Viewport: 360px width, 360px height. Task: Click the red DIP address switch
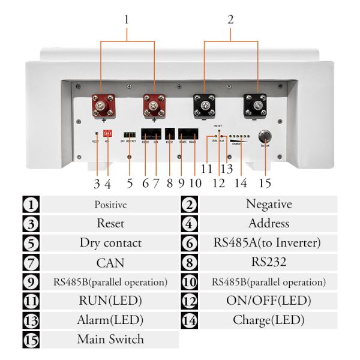tap(108, 133)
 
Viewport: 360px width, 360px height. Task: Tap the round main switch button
tap(263, 136)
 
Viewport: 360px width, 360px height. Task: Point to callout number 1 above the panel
tap(127, 19)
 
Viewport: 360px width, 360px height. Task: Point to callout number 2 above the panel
tap(230, 19)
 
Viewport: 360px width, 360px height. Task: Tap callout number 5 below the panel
tap(130, 182)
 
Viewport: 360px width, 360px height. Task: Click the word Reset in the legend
tap(110, 224)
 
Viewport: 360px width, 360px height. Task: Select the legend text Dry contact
tap(110, 243)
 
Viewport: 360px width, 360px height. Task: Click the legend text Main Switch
tap(110, 340)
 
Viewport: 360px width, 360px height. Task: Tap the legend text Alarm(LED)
tap(110, 320)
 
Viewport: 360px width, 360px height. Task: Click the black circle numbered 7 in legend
tap(31, 262)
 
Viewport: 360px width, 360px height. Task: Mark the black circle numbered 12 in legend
tap(189, 301)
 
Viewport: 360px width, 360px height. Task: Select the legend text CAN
tap(110, 262)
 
